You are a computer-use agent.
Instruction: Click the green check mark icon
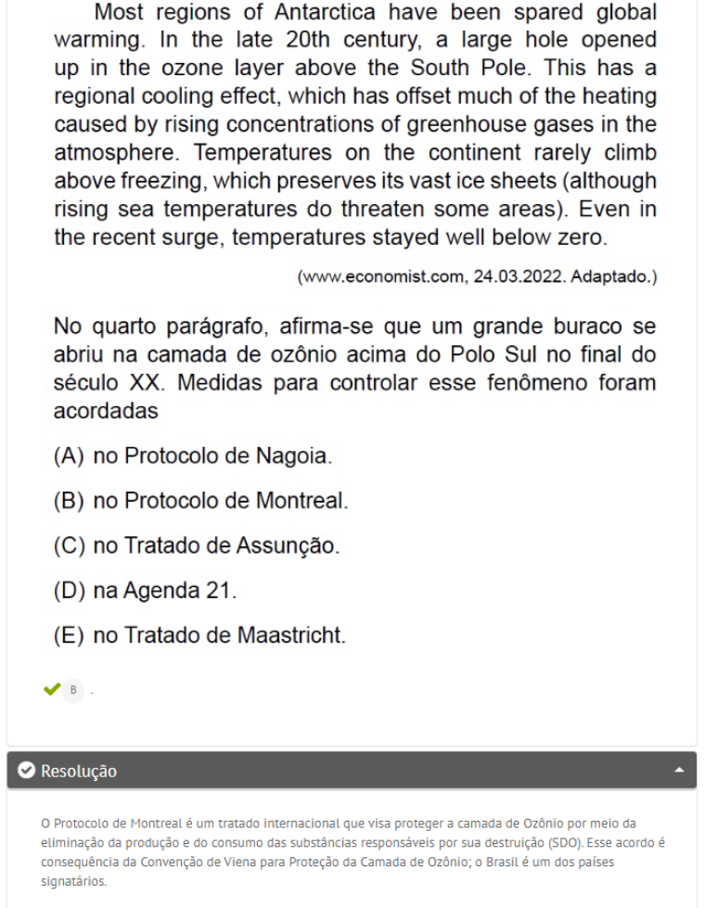pyautogui.click(x=51, y=690)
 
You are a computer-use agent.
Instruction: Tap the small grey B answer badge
pyautogui.click(x=73, y=690)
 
